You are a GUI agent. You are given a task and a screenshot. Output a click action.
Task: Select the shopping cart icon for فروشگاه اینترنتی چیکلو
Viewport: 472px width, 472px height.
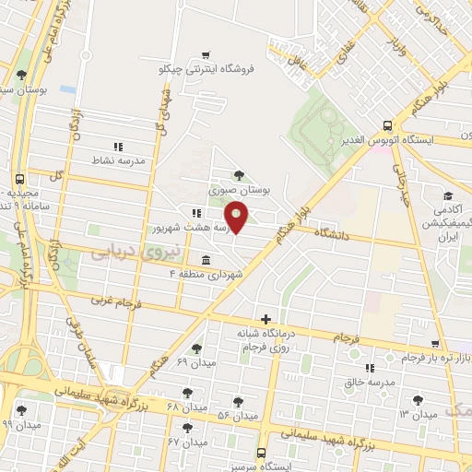pyautogui.click(x=209, y=54)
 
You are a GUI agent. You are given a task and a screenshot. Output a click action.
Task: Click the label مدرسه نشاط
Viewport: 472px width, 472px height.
pyautogui.click(x=117, y=160)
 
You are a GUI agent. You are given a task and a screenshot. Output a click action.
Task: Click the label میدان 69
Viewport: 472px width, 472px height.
pyautogui.click(x=195, y=363)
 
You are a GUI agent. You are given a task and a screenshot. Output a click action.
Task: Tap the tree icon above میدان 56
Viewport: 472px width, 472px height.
pyautogui.click(x=238, y=402)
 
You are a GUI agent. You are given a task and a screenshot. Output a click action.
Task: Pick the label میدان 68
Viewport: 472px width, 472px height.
pyautogui.click(x=185, y=406)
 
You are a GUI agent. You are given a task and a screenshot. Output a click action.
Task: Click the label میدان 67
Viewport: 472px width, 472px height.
pyautogui.click(x=186, y=442)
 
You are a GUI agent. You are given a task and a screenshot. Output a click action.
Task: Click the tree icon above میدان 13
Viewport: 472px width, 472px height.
pyautogui.click(x=420, y=399)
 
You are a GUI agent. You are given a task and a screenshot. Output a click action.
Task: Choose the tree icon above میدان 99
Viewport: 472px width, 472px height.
pyautogui.click(x=21, y=410)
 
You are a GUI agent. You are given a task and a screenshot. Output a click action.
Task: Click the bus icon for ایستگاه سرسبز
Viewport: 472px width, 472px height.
pyautogui.click(x=261, y=453)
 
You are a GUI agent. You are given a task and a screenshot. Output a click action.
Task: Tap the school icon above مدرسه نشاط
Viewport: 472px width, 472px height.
pyautogui.click(x=117, y=146)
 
